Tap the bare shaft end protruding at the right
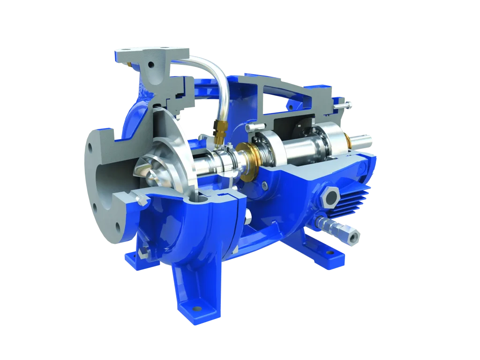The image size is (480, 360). [x=366, y=139]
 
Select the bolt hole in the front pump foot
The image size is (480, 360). [x=196, y=309]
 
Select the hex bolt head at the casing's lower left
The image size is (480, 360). [x=140, y=253]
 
